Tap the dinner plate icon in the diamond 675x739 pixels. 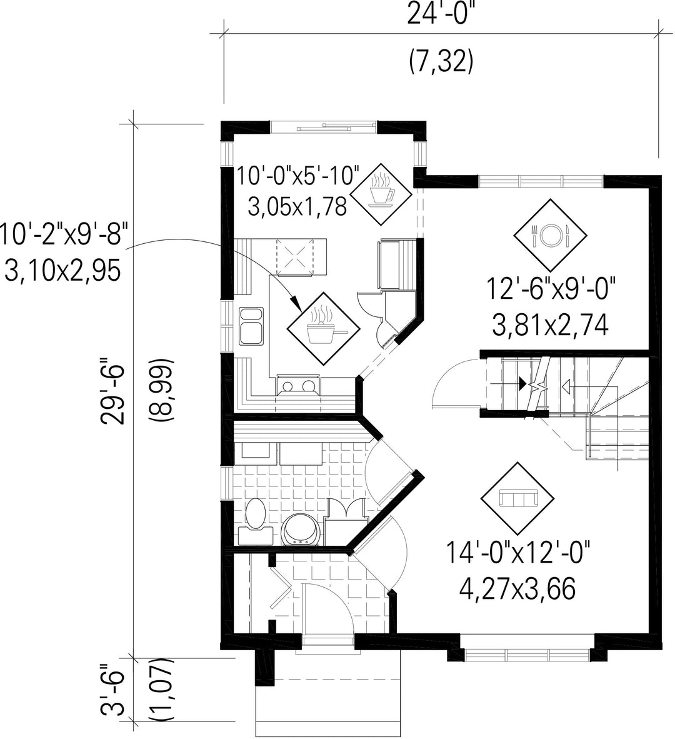tap(550, 234)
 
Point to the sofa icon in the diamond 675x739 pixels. tap(517, 498)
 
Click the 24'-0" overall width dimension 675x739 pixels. tap(441, 14)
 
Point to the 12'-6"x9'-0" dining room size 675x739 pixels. tap(550, 289)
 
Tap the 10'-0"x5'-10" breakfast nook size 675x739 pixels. tap(297, 176)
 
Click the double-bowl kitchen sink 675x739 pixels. tap(251, 325)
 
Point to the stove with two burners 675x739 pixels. tap(299, 385)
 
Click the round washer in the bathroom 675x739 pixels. tap(299, 530)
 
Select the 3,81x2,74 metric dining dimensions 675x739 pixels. tap(550, 326)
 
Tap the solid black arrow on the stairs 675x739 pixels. tap(522, 383)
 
